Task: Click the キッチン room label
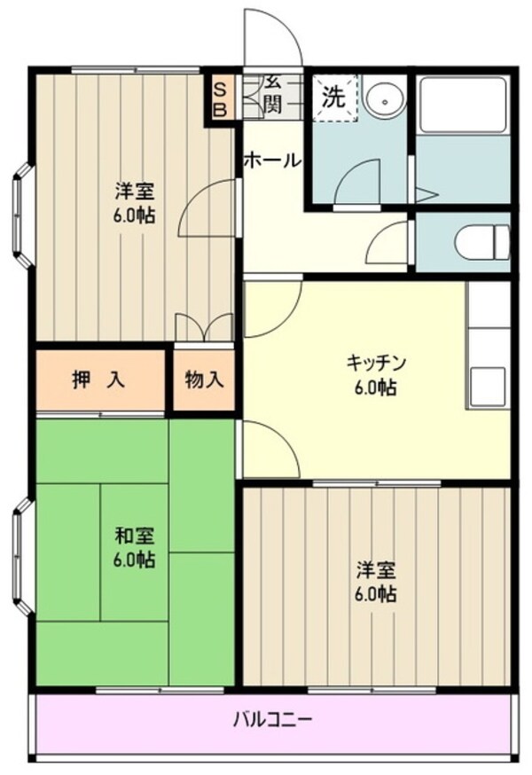point(376,363)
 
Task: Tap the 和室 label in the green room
point(135,536)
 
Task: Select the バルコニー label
point(272,719)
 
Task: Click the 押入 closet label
point(98,380)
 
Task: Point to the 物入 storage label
point(204,380)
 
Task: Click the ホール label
point(271,161)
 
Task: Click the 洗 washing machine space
point(333,97)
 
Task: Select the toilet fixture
point(479,240)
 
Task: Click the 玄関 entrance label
point(271,96)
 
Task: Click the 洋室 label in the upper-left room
point(135,190)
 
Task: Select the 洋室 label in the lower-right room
point(376,569)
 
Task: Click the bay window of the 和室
point(22,557)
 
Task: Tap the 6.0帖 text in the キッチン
point(376,387)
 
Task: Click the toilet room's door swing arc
point(390,241)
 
